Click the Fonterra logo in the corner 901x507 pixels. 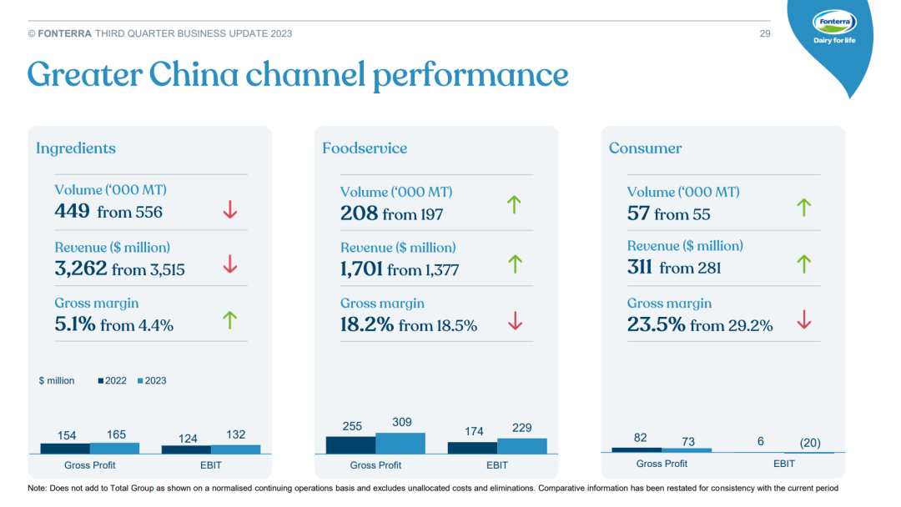click(x=834, y=29)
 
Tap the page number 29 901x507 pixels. click(x=765, y=33)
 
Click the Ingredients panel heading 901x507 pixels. click(x=76, y=148)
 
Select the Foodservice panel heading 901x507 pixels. click(x=365, y=148)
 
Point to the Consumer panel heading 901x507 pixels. click(x=645, y=148)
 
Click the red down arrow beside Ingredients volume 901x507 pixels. click(x=230, y=210)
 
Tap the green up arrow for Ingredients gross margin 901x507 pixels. click(x=230, y=319)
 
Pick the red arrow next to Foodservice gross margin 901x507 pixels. click(x=516, y=320)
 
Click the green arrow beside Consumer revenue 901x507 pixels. click(x=803, y=264)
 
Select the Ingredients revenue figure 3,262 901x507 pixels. click(x=80, y=269)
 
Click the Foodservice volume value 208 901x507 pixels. click(x=359, y=213)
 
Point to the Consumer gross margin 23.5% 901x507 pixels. click(x=657, y=324)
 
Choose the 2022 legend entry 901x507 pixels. click(x=112, y=380)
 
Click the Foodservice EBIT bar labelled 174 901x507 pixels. click(x=473, y=448)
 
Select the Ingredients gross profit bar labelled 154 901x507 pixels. click(x=66, y=448)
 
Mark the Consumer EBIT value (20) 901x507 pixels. click(x=809, y=443)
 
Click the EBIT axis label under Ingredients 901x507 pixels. click(x=211, y=464)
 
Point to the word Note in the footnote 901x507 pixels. click(x=38, y=488)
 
